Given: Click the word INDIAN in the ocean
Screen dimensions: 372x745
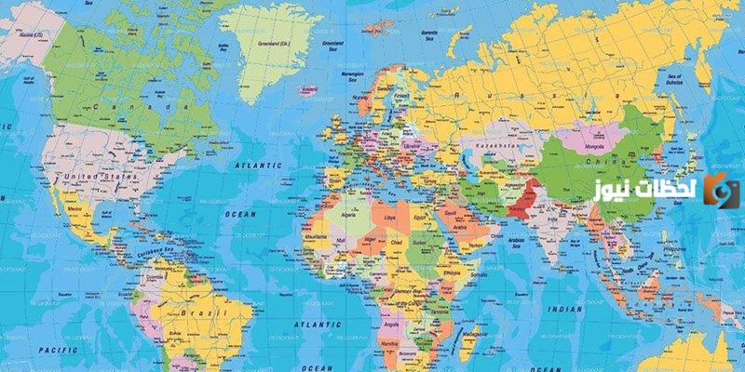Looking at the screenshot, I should (564, 308).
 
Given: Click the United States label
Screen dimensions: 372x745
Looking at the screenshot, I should (102, 175).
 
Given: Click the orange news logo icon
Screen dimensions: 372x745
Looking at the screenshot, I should (721, 190).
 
